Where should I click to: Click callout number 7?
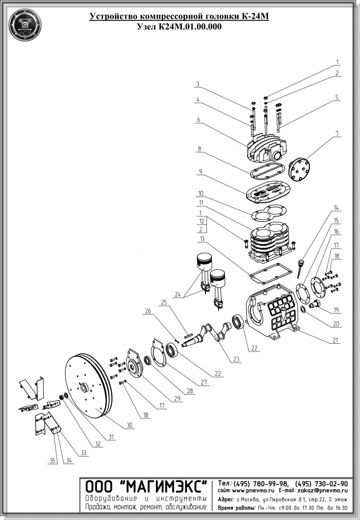pos(336,134)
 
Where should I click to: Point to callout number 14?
pos(336,208)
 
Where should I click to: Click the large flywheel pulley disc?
pos(86,386)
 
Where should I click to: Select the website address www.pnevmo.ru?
pos(253,491)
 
